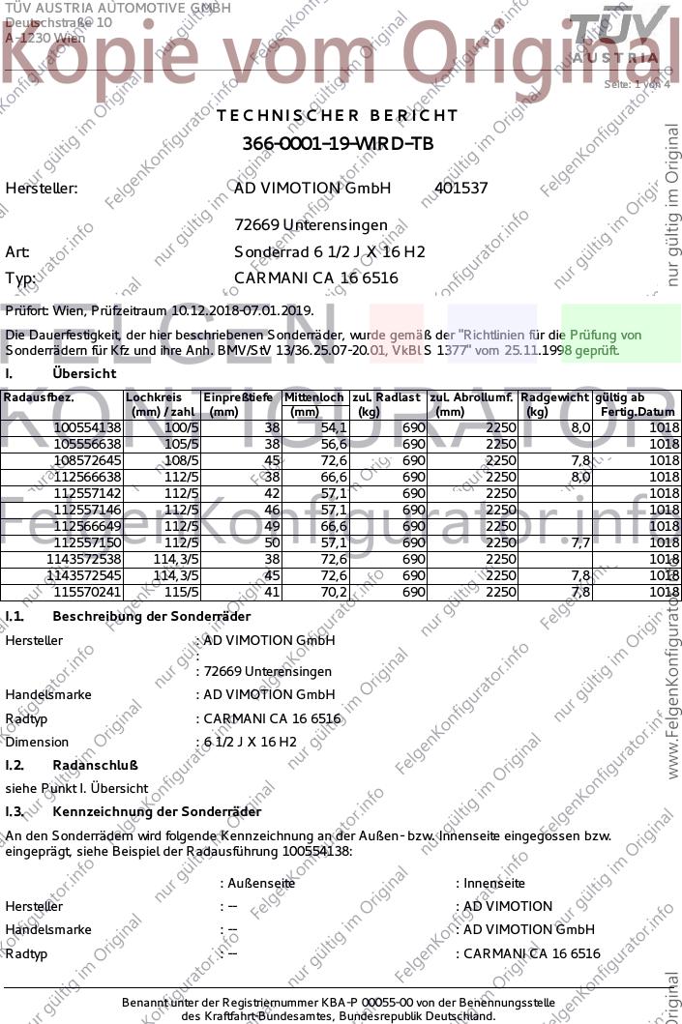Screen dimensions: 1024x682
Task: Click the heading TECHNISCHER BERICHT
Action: (x=338, y=115)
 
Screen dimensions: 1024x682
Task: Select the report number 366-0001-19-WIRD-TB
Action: (x=338, y=144)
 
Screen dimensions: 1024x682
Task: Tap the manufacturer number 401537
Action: (x=461, y=189)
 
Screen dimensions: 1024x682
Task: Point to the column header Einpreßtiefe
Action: (x=238, y=397)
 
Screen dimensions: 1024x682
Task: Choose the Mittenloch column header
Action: (x=314, y=397)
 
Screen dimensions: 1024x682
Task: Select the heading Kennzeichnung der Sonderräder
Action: (x=157, y=811)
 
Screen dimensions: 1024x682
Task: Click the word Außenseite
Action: (x=260, y=883)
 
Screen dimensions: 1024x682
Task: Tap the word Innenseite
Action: (x=493, y=883)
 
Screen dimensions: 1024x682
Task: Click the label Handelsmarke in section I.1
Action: (x=48, y=694)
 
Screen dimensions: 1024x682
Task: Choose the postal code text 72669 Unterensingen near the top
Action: (x=311, y=225)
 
